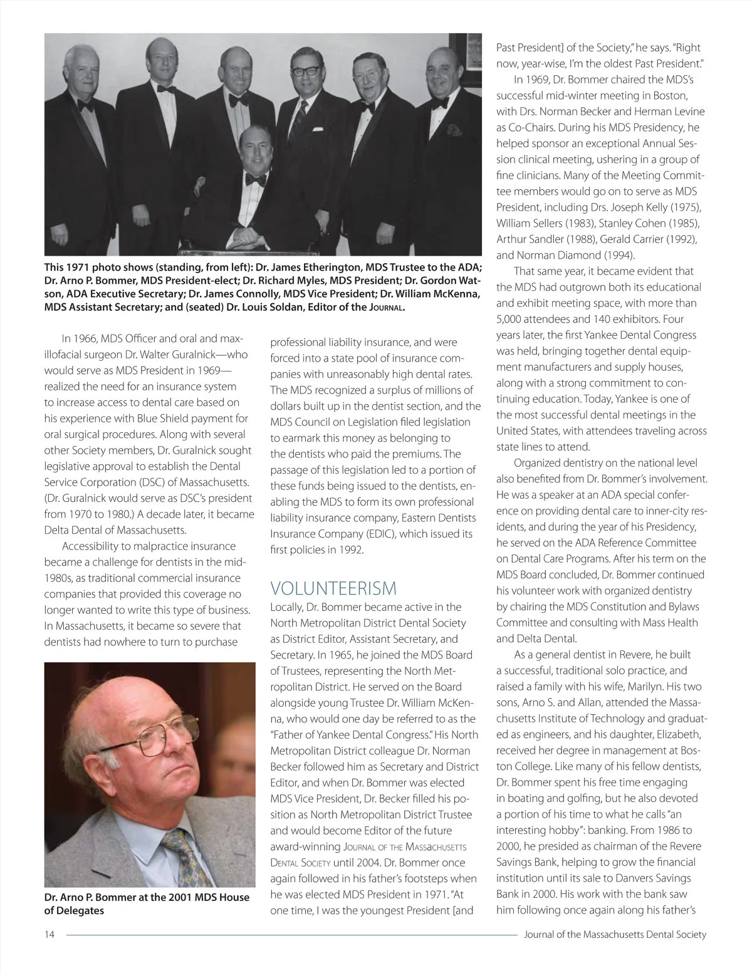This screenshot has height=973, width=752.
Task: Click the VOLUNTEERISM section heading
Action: point(333,589)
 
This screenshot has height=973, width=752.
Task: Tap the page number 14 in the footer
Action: point(50,934)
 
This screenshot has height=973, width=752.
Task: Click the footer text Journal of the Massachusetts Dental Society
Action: point(615,934)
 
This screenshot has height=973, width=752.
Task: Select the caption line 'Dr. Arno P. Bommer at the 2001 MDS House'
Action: point(147,897)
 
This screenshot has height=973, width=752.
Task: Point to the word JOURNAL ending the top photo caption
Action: point(385,308)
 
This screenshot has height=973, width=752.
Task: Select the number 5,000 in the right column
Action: point(510,319)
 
